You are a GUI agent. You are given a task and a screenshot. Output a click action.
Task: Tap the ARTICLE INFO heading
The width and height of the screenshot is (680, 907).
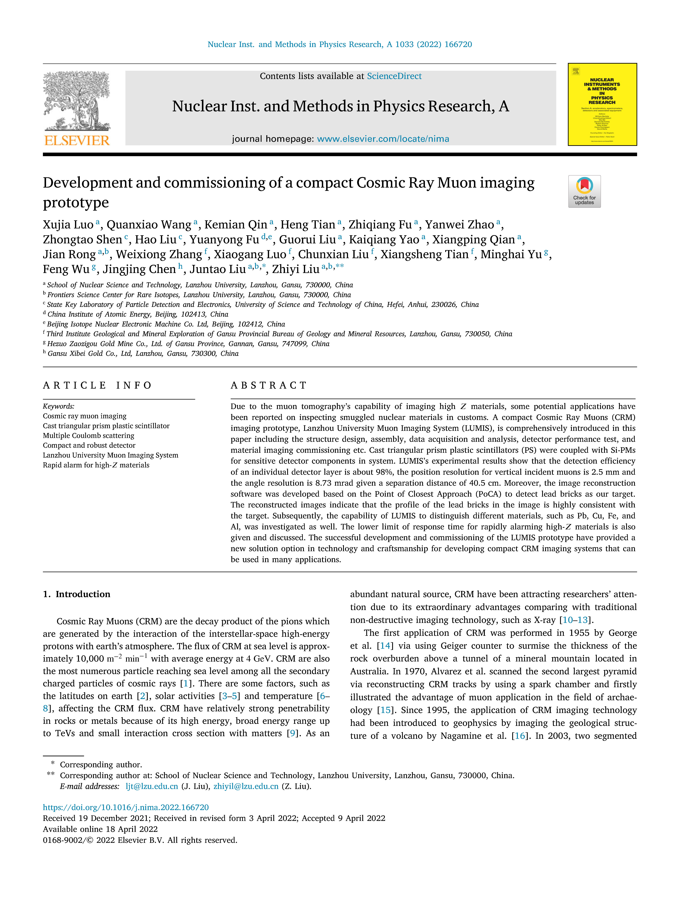97,385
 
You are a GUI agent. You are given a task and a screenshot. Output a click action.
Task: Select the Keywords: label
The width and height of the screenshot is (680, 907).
59,406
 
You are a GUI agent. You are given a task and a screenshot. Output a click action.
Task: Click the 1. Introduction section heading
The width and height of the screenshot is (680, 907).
77,594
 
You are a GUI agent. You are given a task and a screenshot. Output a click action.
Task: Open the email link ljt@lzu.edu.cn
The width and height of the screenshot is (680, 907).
152,786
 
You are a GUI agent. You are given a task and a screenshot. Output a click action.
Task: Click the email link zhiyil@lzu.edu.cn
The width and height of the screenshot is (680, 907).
246,786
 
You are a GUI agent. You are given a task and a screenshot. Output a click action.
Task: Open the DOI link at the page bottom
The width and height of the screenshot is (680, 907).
126,807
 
